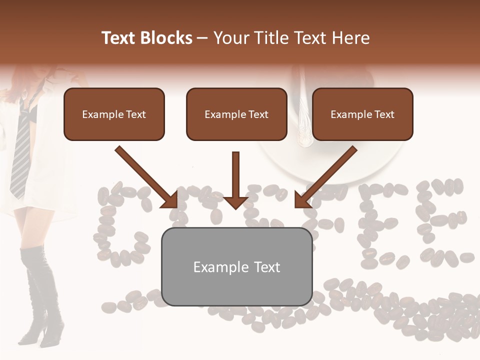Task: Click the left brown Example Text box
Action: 114,114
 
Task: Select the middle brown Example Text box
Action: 236,114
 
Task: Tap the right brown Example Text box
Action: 362,114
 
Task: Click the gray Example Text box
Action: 236,266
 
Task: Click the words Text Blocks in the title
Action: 147,38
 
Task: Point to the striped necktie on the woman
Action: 21,150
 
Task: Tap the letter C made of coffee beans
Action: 120,225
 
